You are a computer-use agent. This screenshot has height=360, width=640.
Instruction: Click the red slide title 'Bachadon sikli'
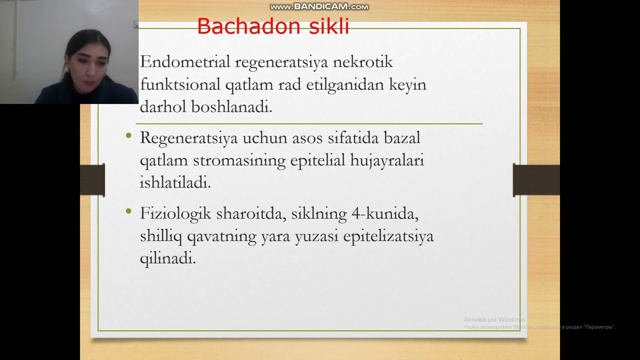click(x=273, y=26)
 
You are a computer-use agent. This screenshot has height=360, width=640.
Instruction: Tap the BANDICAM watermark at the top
click(x=319, y=7)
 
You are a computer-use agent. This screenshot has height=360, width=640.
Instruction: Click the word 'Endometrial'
click(x=185, y=62)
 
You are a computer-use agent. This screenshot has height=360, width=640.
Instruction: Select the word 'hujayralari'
click(x=386, y=161)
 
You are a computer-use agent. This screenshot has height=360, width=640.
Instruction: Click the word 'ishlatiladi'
click(x=175, y=183)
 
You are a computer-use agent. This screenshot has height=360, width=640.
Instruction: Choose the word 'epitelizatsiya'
click(x=388, y=236)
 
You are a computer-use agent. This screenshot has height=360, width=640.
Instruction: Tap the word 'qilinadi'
click(x=167, y=259)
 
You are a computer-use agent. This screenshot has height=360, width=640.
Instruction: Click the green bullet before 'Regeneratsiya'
click(x=129, y=135)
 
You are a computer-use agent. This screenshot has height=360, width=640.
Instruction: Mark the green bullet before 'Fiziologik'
click(x=129, y=211)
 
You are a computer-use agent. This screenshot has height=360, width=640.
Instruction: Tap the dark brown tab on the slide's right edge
click(x=536, y=180)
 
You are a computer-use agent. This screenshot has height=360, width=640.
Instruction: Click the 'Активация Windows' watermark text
click(x=494, y=319)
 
